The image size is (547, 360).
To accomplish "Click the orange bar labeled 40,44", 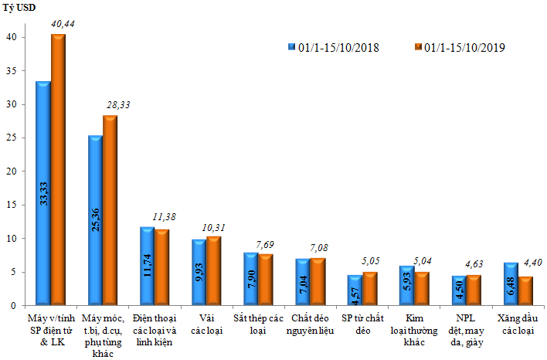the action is (x=58, y=170).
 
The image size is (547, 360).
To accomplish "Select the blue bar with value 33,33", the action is (x=43, y=194).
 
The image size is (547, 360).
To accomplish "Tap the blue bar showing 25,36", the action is (x=95, y=220).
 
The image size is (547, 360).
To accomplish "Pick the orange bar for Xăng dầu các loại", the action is (x=525, y=291).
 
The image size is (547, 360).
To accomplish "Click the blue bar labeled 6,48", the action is (x=511, y=284).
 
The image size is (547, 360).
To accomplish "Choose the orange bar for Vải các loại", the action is (x=213, y=271).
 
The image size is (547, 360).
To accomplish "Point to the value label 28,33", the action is (x=118, y=105).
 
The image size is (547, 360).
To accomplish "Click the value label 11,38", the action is (x=164, y=217).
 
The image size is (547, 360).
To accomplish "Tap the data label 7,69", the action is (x=265, y=245).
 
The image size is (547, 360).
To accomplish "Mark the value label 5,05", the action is (x=370, y=261).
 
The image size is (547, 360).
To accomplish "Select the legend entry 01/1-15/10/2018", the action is (x=334, y=47).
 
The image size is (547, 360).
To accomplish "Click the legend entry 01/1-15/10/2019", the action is (x=460, y=47).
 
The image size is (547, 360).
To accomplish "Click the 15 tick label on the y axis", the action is (x=11, y=205).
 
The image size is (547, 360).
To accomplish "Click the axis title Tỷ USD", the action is (x=19, y=8).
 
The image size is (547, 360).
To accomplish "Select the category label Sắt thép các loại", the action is (x=258, y=324).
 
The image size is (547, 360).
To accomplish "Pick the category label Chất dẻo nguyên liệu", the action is (x=310, y=324).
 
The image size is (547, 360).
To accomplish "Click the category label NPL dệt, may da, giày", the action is (x=467, y=331).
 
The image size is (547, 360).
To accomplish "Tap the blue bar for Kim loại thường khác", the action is (x=406, y=286).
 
